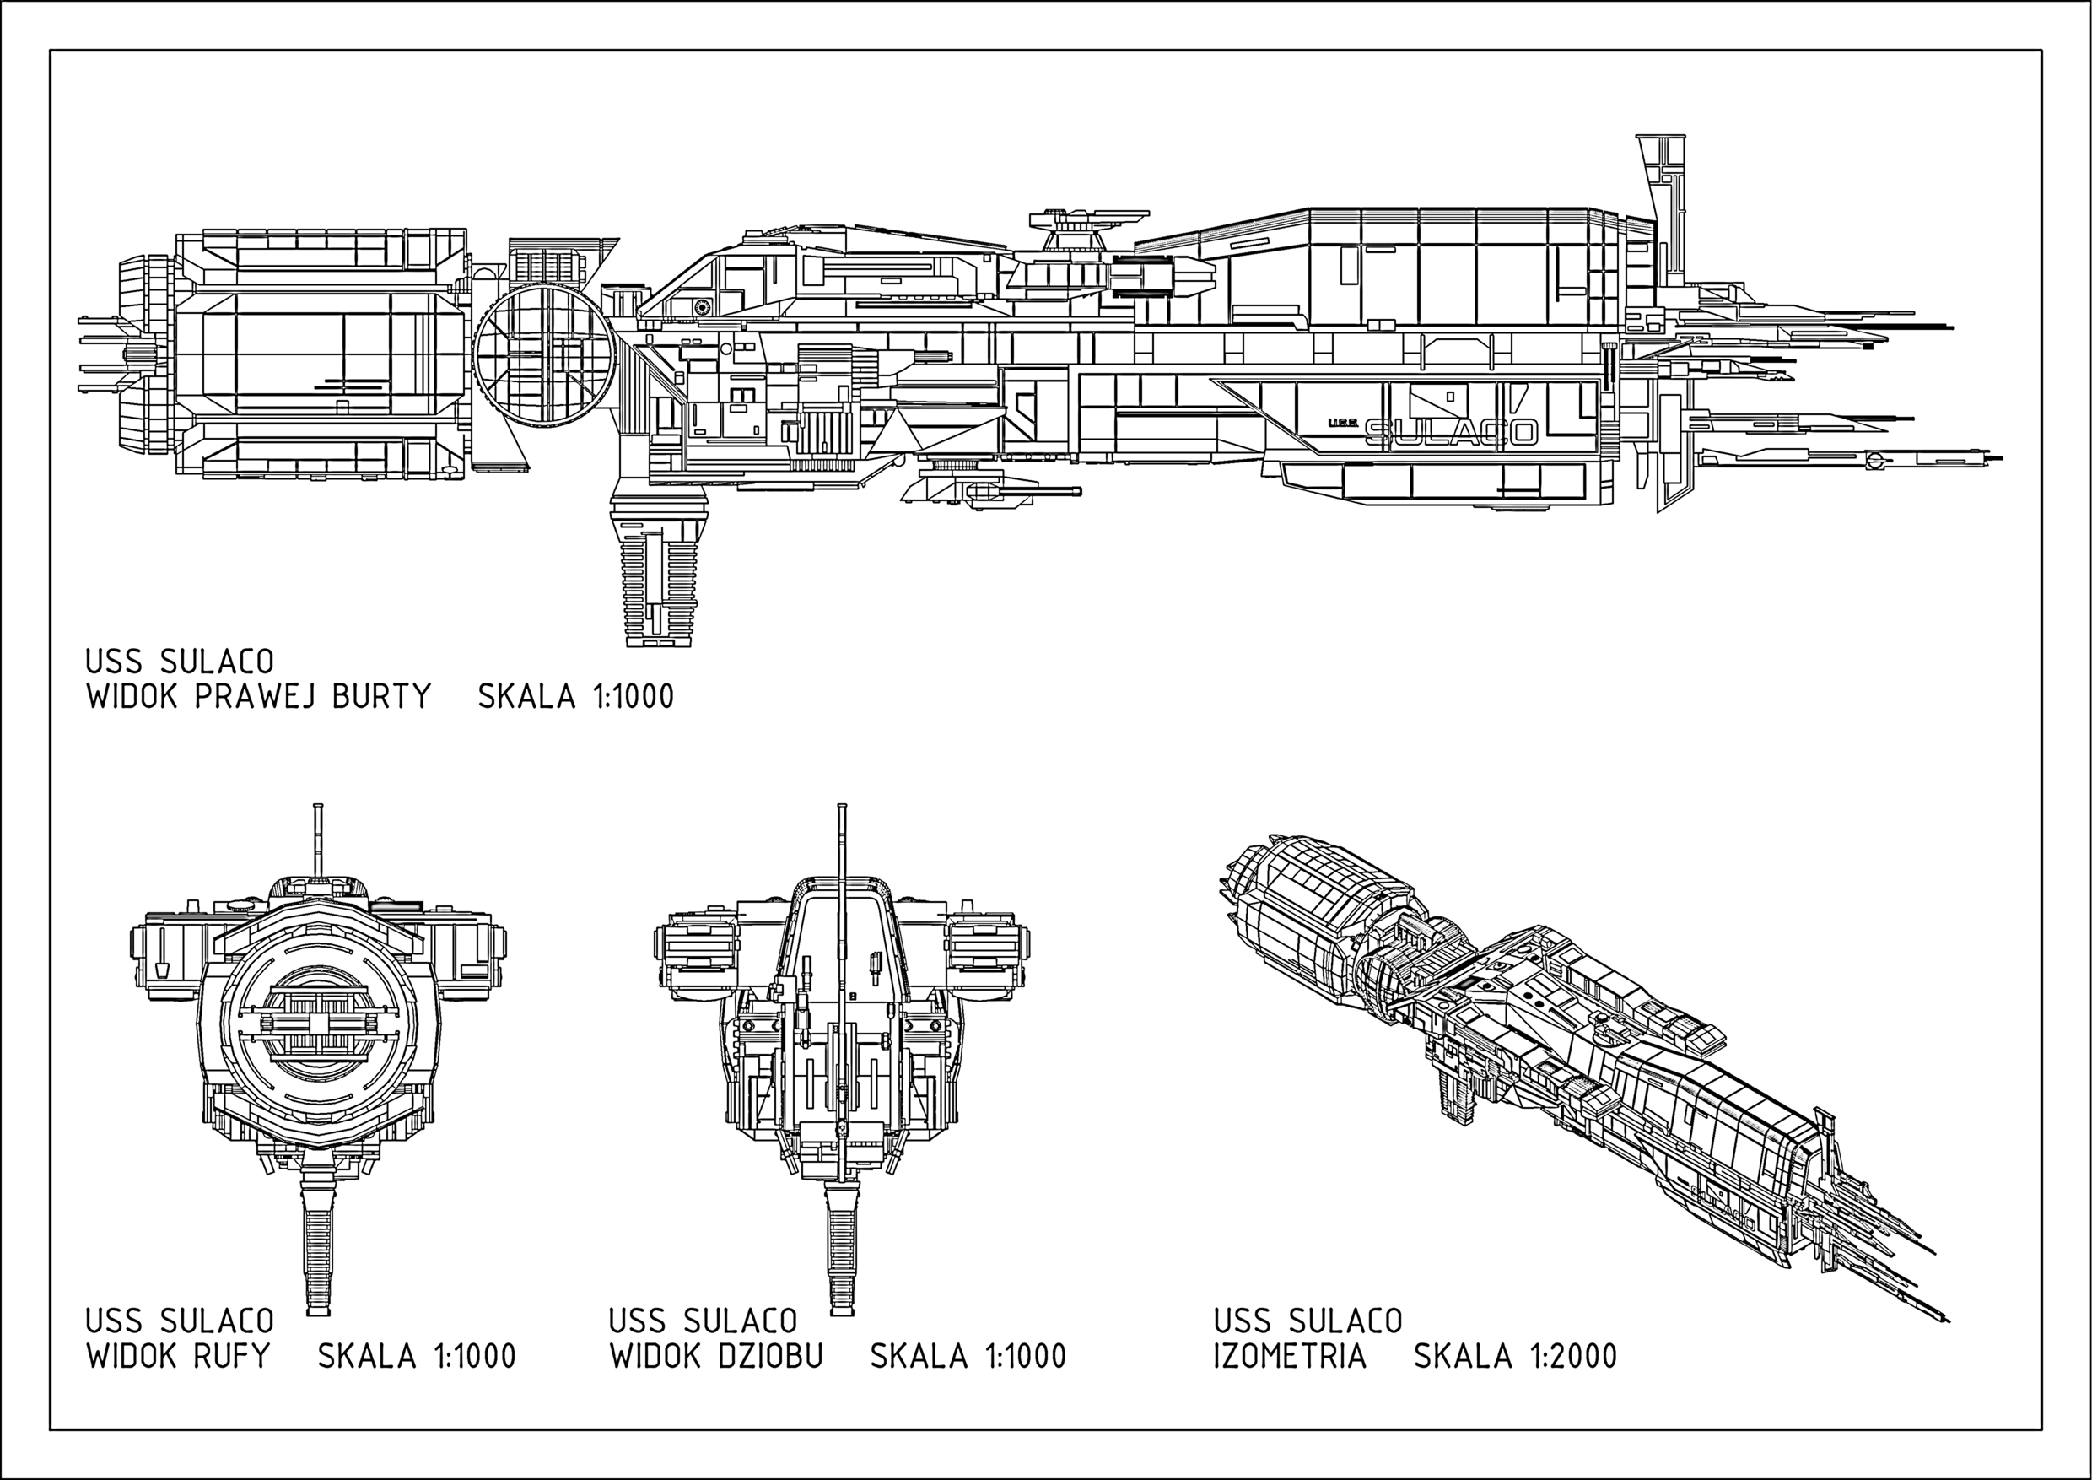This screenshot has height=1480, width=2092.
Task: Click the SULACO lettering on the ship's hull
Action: (x=1452, y=433)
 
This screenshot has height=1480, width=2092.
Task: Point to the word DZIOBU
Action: (x=771, y=1356)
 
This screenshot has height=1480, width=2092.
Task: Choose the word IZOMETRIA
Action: (x=1290, y=1356)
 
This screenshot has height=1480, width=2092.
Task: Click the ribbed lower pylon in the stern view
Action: (x=318, y=1244)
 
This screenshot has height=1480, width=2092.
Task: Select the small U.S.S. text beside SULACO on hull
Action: (x=1344, y=422)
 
